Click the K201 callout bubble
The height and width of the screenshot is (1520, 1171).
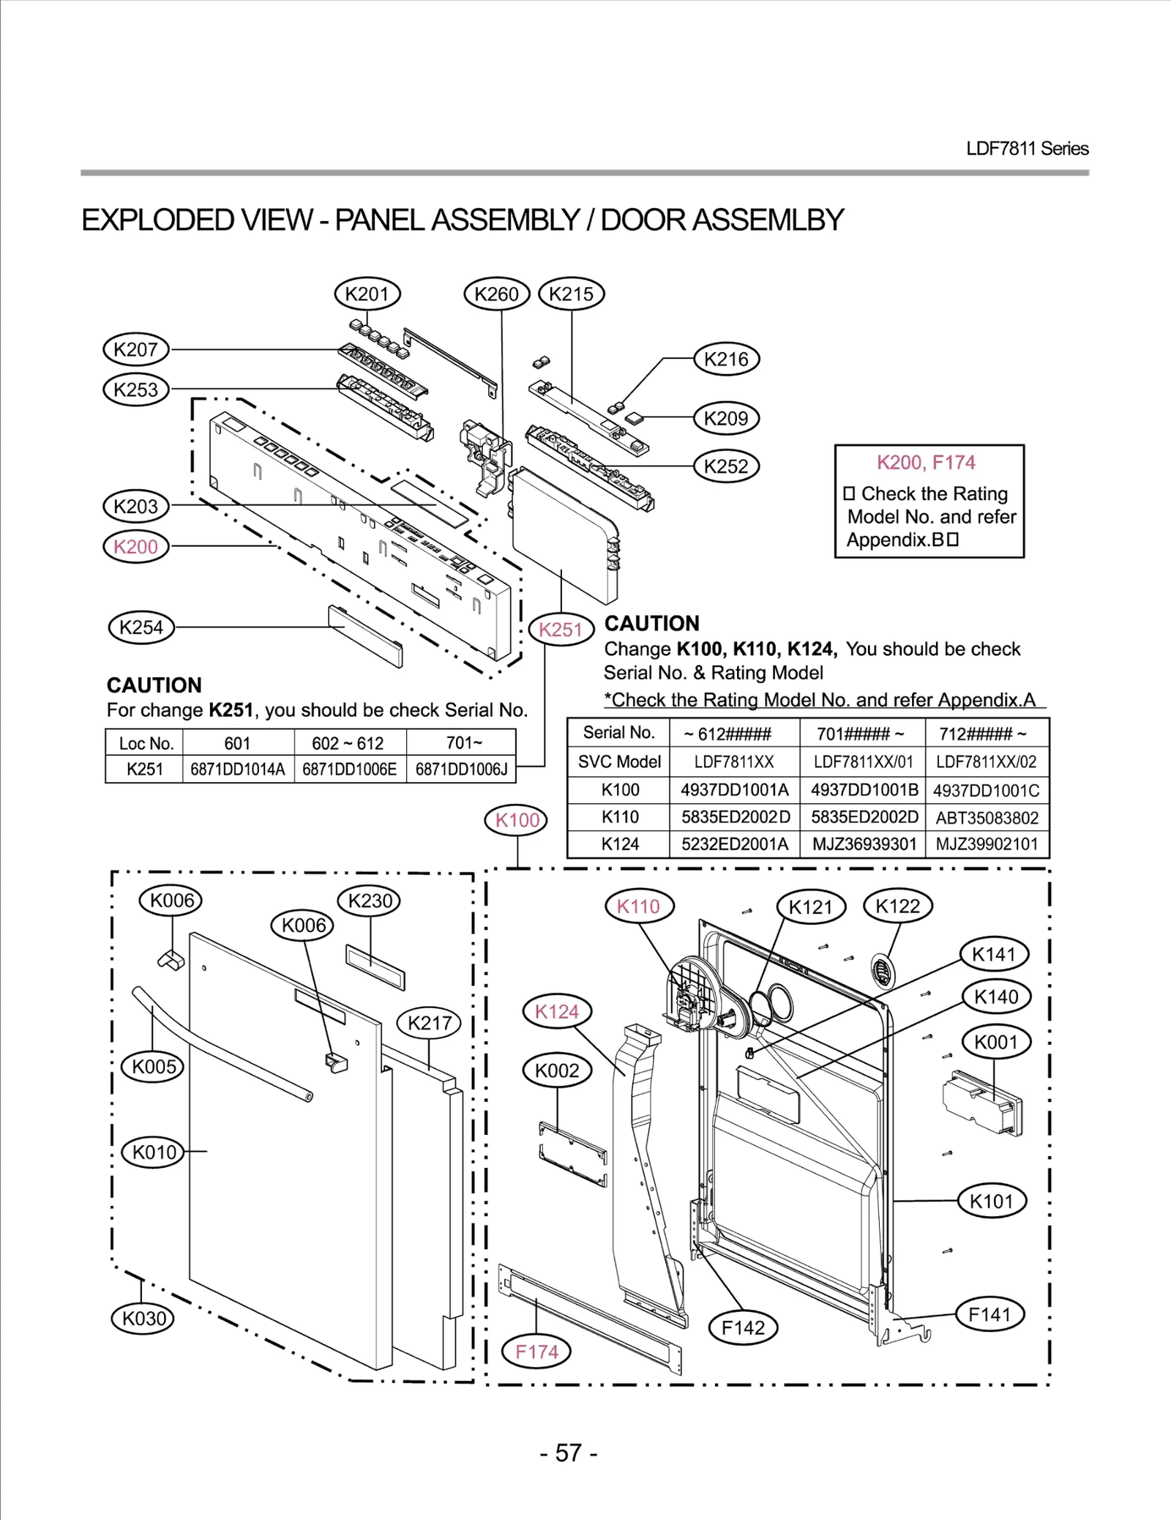tap(367, 294)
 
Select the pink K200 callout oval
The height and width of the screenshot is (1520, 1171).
tap(135, 547)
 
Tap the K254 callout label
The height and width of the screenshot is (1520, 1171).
tap(141, 627)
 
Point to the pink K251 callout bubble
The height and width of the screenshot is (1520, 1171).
tap(560, 630)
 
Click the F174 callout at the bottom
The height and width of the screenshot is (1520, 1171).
tap(536, 1352)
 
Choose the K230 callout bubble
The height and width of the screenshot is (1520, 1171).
tap(370, 901)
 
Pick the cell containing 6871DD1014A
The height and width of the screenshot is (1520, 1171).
tap(237, 770)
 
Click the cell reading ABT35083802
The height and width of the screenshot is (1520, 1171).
tap(987, 818)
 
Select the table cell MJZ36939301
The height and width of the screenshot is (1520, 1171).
tap(864, 844)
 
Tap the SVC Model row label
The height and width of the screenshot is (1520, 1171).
tap(619, 761)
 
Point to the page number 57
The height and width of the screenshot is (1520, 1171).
tap(569, 1453)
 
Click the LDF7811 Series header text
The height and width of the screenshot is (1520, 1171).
tap(1027, 149)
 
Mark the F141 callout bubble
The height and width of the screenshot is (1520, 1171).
tap(989, 1314)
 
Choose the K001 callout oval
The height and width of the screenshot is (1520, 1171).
tap(995, 1042)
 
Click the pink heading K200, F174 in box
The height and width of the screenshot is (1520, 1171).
tap(926, 463)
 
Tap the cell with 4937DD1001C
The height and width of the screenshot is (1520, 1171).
tap(987, 791)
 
